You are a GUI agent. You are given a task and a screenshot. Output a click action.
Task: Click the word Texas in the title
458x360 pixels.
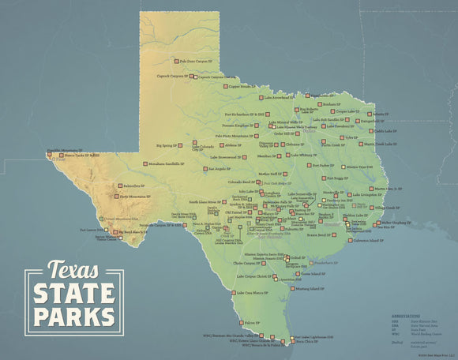click(76, 270)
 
